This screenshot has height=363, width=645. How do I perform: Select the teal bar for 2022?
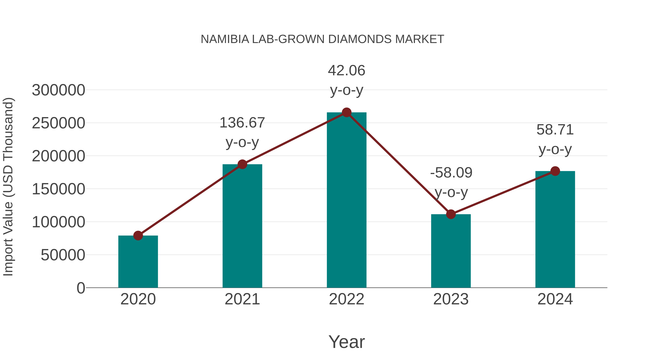(347, 200)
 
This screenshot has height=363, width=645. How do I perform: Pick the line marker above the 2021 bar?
(242, 164)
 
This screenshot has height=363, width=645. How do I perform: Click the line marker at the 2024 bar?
(555, 171)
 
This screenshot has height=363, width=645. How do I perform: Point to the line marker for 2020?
(138, 236)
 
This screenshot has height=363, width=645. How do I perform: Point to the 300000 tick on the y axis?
(58, 90)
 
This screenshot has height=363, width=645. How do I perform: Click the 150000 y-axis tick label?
(58, 189)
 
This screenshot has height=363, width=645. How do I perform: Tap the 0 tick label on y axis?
(81, 288)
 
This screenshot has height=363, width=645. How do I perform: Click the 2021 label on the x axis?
(242, 299)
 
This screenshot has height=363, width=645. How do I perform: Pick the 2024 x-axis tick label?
(555, 299)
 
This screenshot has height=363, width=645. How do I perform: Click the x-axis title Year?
(347, 342)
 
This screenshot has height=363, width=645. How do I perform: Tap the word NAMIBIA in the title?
(225, 39)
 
